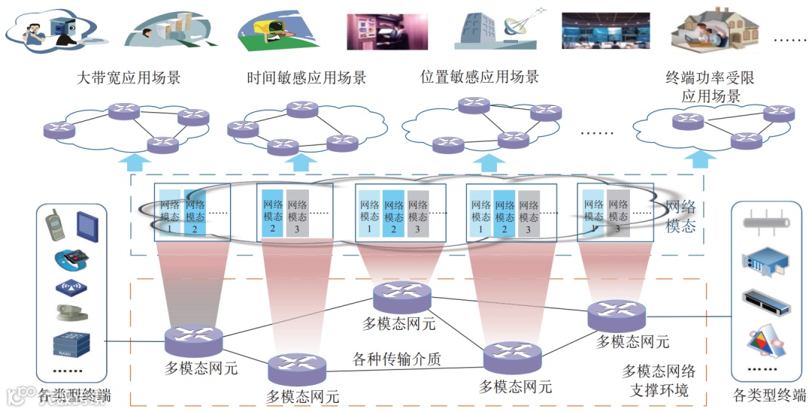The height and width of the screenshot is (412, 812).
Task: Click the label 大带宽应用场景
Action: tap(129, 77)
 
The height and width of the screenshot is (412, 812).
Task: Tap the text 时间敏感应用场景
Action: tap(307, 77)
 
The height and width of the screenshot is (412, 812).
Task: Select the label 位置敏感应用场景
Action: tap(480, 77)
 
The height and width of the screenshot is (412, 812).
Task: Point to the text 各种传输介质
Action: tap(397, 359)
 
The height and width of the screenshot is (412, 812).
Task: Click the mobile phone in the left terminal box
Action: tap(53, 224)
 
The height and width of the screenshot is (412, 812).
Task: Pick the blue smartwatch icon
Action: tap(71, 260)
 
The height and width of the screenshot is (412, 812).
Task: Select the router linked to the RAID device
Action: tap(194, 341)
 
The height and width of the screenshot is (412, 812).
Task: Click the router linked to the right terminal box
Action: tap(616, 315)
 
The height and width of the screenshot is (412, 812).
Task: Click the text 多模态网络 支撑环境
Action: tap(659, 380)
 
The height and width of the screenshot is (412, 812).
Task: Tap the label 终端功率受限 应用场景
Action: tap(710, 86)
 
